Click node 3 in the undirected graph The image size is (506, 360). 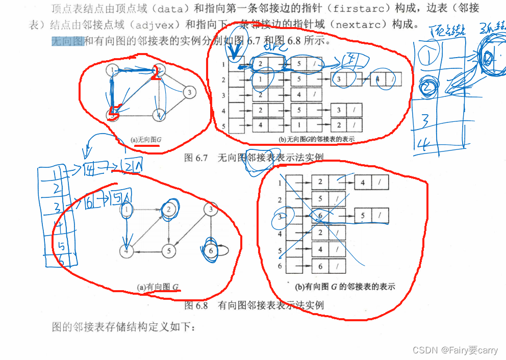click(x=189, y=92)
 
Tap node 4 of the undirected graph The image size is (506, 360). click(x=160, y=115)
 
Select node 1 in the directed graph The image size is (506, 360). click(x=126, y=209)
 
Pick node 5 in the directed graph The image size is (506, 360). click(x=169, y=251)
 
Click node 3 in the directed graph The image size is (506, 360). click(x=210, y=209)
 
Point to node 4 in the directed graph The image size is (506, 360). click(x=126, y=251)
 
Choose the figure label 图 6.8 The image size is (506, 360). click(x=196, y=305)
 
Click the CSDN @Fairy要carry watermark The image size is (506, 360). click(x=455, y=350)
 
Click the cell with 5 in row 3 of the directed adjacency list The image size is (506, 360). click(x=363, y=216)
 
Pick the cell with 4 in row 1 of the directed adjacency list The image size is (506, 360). click(x=363, y=182)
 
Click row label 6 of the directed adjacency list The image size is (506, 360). click(x=280, y=267)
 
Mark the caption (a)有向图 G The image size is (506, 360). click(x=159, y=288)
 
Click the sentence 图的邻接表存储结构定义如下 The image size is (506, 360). click(x=124, y=327)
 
